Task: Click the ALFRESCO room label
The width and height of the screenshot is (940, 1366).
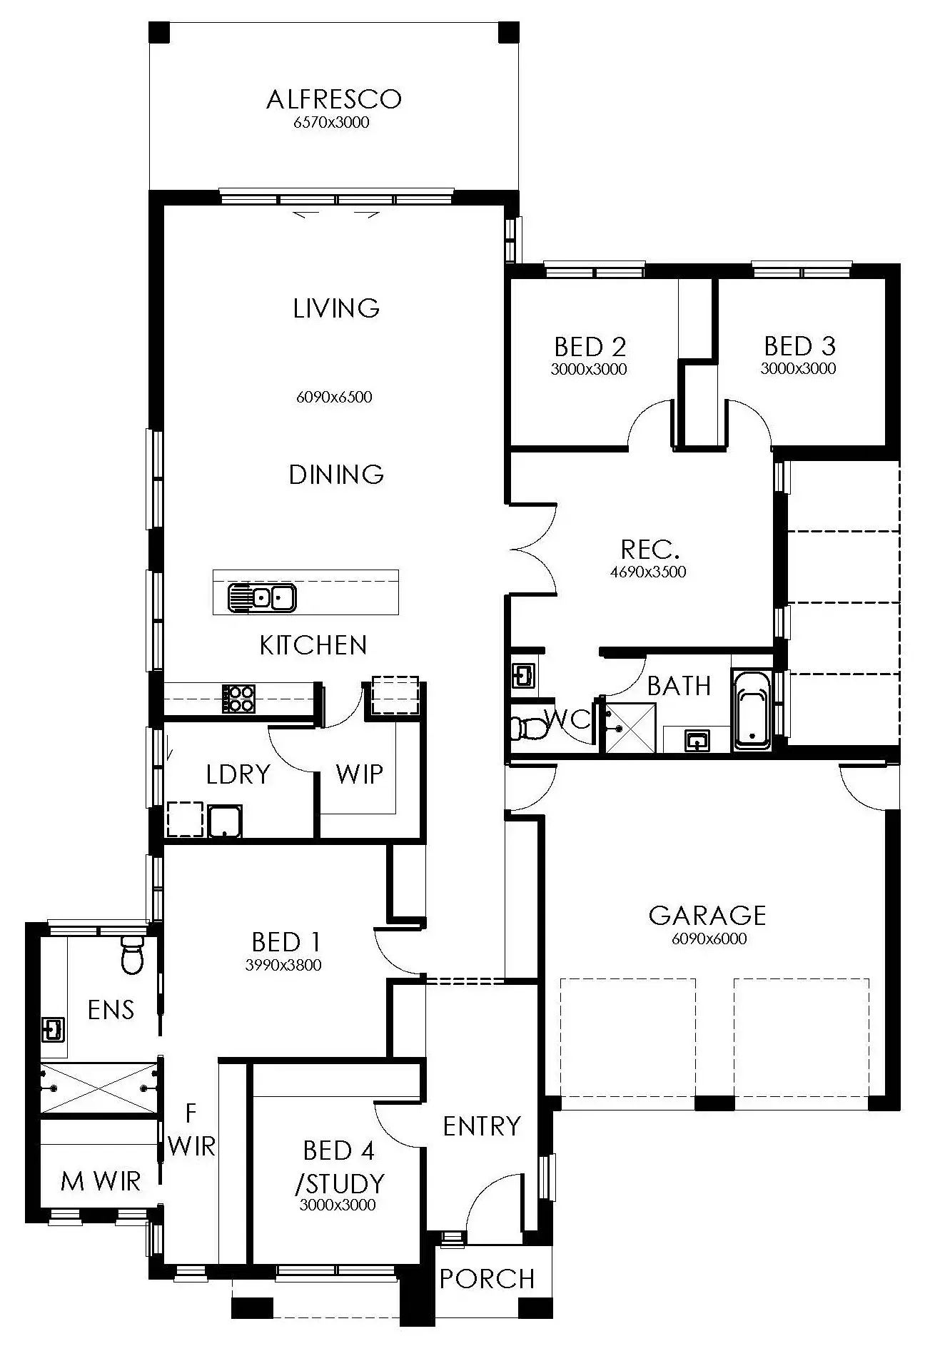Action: (x=333, y=99)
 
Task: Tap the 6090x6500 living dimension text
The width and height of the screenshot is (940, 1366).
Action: (x=334, y=398)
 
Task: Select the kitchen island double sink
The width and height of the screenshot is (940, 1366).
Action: (x=262, y=597)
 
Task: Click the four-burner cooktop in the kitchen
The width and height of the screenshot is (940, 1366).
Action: (x=238, y=699)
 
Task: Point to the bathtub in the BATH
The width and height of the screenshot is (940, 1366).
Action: (x=752, y=710)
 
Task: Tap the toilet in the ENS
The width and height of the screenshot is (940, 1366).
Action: (x=133, y=955)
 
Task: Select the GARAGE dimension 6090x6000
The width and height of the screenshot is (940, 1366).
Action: (x=709, y=939)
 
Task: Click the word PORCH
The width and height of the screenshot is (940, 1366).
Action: (x=487, y=1279)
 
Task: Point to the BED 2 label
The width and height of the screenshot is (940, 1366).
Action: (x=590, y=347)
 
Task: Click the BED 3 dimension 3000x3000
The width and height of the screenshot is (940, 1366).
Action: (x=798, y=369)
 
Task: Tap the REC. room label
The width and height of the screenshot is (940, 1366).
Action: (x=650, y=549)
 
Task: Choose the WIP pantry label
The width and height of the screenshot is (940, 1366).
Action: (x=359, y=774)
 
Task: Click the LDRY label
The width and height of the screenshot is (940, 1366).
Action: (x=238, y=774)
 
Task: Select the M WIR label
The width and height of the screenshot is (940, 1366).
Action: (x=101, y=1181)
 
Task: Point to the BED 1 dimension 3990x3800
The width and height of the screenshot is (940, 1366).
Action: (x=283, y=966)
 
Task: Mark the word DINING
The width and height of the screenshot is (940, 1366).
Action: (x=336, y=475)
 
